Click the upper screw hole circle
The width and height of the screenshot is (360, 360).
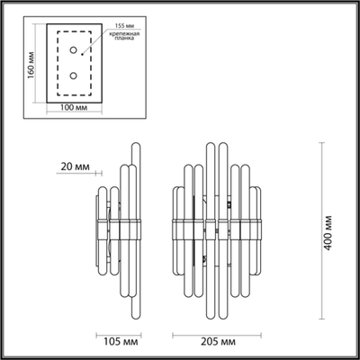tap(74, 50)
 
